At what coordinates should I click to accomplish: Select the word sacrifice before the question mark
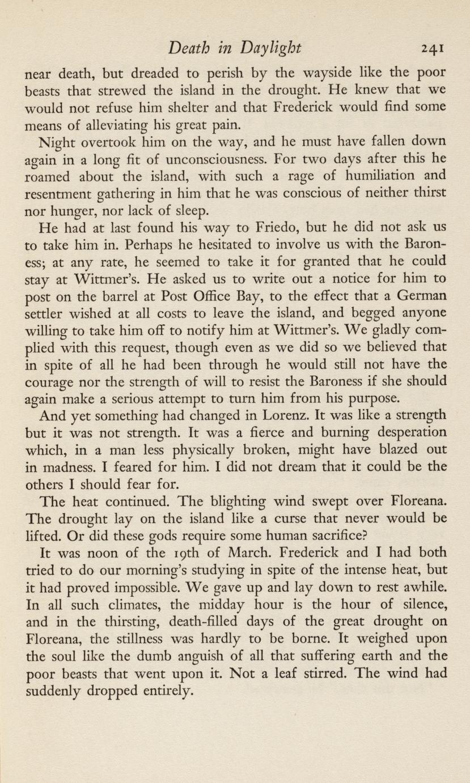pos(321,535)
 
